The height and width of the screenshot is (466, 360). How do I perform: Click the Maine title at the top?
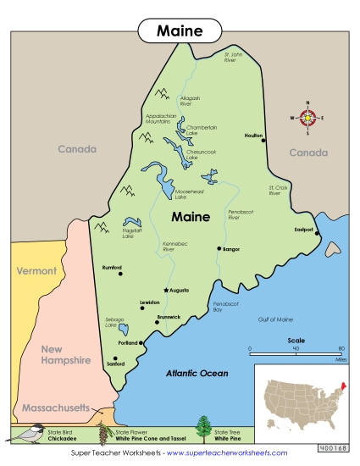pyautogui.click(x=180, y=31)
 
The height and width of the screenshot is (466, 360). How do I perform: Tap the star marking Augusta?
pyautogui.click(x=166, y=290)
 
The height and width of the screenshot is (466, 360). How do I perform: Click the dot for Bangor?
pyautogui.click(x=219, y=249)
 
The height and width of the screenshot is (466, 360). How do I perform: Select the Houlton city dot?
pyautogui.click(x=264, y=141)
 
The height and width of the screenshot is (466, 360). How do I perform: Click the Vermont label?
pyautogui.click(x=35, y=271)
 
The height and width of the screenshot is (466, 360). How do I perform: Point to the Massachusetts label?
pyautogui.click(x=55, y=408)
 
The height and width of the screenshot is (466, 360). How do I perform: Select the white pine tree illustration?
pyautogui.click(x=203, y=430)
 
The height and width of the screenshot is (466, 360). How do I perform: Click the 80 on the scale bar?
pyautogui.click(x=341, y=349)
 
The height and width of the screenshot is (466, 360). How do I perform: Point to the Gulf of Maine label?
pyautogui.click(x=274, y=319)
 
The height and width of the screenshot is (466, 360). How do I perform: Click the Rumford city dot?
pyautogui.click(x=121, y=275)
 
